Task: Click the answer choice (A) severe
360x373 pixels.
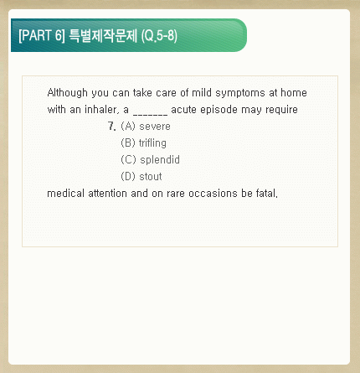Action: click(x=146, y=127)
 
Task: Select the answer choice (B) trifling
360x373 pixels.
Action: click(x=143, y=143)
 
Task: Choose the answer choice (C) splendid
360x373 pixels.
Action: click(x=150, y=160)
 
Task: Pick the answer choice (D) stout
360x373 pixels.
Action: click(x=141, y=177)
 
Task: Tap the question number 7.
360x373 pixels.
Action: click(x=111, y=127)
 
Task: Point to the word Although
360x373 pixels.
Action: click(x=67, y=93)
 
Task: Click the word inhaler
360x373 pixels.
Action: click(x=101, y=110)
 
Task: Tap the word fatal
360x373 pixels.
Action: click(x=267, y=194)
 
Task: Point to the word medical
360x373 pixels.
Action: click(x=65, y=194)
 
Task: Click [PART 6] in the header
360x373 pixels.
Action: click(x=42, y=35)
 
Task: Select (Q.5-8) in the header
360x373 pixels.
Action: click(x=159, y=36)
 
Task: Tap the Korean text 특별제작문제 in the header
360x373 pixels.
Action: click(x=103, y=35)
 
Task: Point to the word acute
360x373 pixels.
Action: click(x=183, y=110)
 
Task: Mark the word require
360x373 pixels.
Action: click(x=281, y=110)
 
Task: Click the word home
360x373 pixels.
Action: click(x=294, y=93)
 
